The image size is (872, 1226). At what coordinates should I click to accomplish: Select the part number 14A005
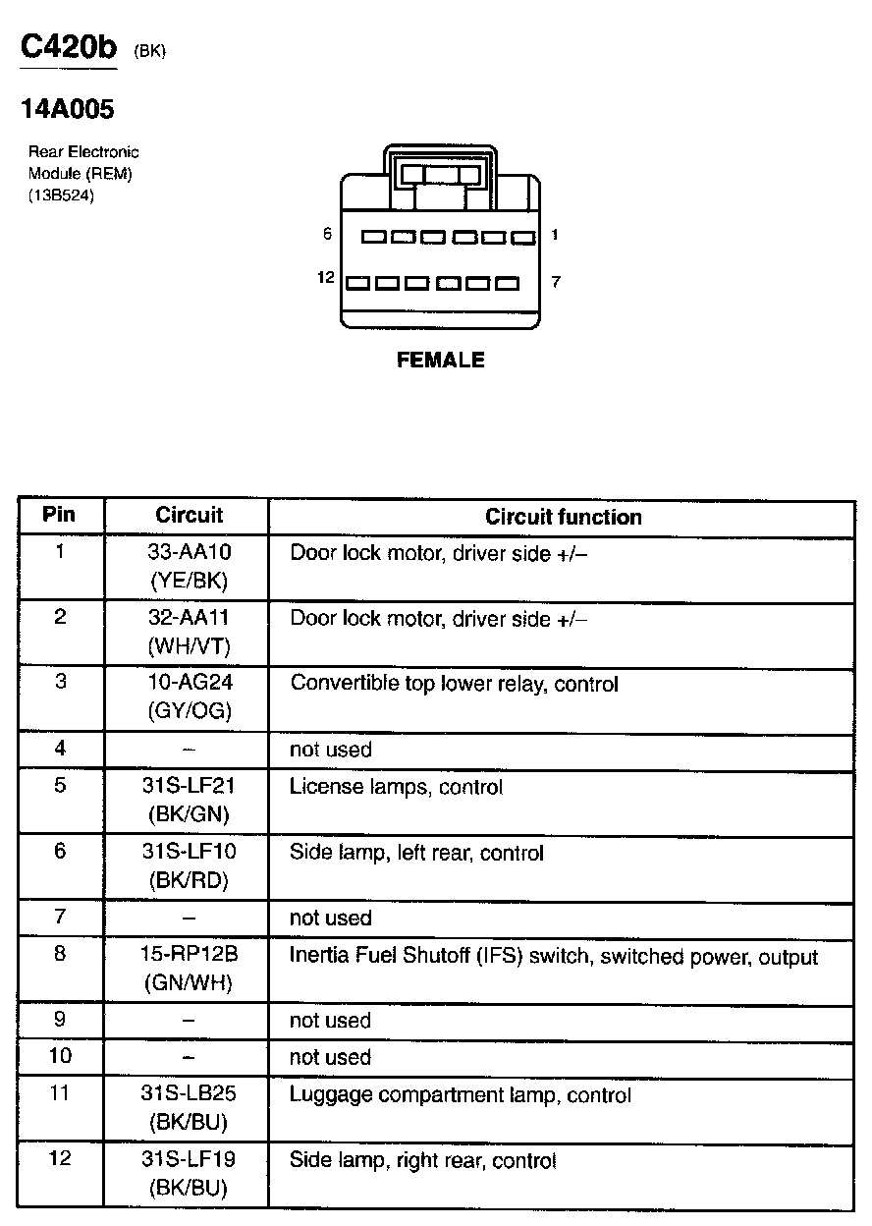[68, 109]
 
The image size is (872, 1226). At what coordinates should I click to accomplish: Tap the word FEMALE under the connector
[440, 361]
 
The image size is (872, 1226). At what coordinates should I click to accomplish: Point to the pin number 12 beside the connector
[326, 279]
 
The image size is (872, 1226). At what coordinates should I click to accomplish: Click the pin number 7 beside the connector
[555, 282]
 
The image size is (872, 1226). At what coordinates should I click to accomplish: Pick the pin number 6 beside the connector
[327, 234]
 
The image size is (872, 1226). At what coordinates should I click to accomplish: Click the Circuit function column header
[563, 518]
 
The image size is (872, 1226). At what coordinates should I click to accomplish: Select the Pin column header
[59, 515]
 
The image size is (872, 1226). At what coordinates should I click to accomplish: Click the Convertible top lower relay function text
[454, 684]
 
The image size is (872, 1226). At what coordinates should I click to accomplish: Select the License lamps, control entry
[396, 787]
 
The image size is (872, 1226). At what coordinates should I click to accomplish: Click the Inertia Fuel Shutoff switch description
[553, 956]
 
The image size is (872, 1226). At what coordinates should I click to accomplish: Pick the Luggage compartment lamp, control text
[460, 1094]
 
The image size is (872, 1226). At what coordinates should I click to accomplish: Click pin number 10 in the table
[60, 1056]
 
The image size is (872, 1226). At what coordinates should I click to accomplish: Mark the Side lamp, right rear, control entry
[422, 1161]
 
